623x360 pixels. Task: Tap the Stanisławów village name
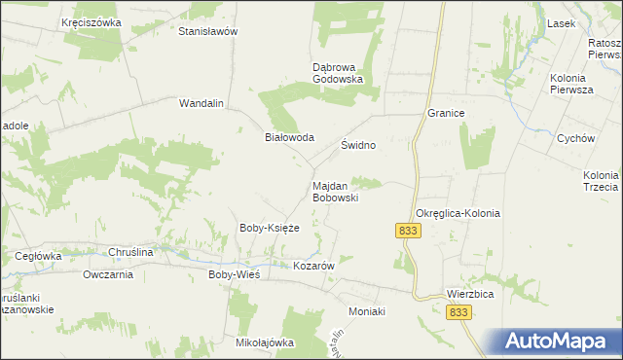tap(208, 31)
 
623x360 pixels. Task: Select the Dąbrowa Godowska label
tap(338, 73)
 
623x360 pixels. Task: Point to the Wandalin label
tap(202, 102)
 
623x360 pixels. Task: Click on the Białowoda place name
tap(290, 137)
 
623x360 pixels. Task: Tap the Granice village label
tap(446, 113)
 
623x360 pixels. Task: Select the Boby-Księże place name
tap(269, 228)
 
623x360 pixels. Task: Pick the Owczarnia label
tap(108, 274)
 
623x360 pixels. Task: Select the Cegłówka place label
tap(39, 256)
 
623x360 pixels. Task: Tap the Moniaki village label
tap(368, 311)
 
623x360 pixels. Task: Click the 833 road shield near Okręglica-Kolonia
tap(408, 230)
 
